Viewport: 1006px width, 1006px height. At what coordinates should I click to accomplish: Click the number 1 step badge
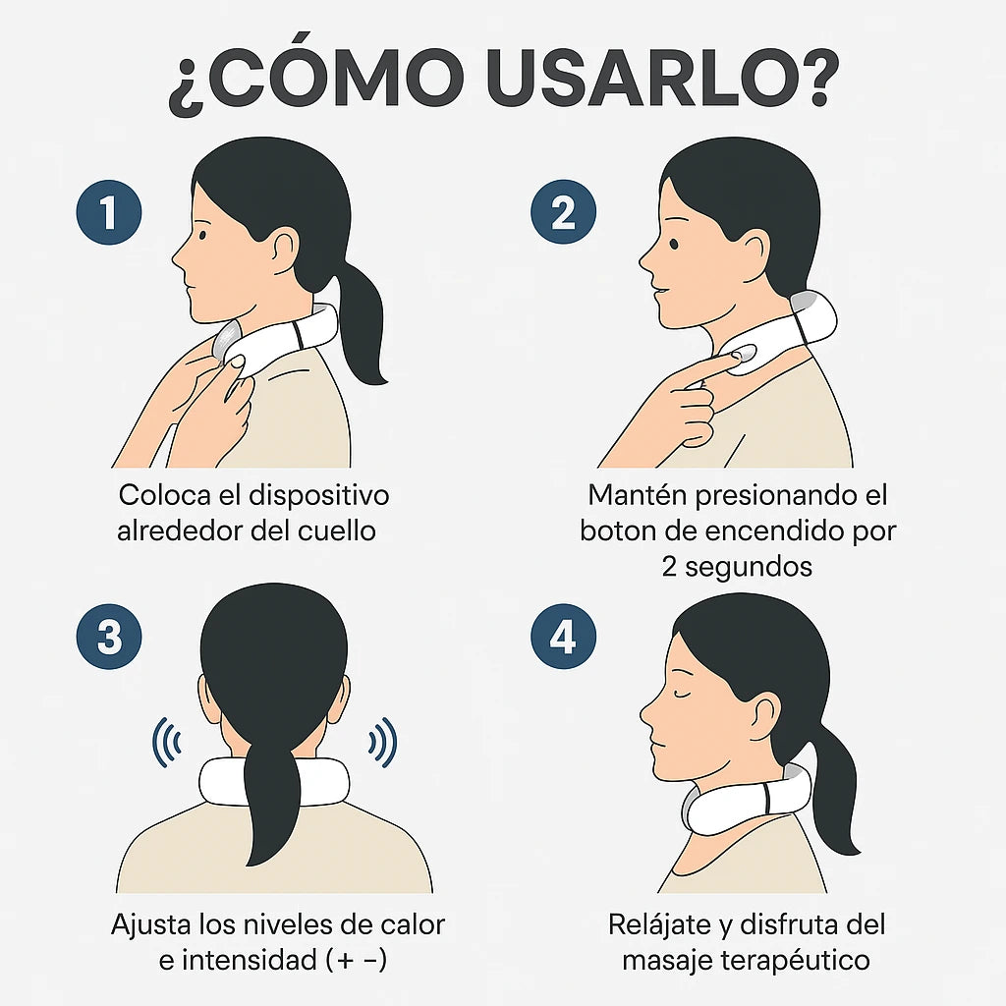point(109,212)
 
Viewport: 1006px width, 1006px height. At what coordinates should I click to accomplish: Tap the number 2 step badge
point(563,212)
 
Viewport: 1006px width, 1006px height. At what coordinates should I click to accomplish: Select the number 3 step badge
point(109,637)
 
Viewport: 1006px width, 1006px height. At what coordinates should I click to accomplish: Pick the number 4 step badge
point(563,637)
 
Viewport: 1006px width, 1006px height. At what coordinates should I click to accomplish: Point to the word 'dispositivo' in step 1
point(318,496)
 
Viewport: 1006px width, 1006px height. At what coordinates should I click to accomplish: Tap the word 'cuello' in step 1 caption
point(336,531)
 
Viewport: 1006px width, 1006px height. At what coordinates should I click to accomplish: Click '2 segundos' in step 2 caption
point(737,567)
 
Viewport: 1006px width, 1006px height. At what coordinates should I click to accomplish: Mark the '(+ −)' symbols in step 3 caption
point(356,961)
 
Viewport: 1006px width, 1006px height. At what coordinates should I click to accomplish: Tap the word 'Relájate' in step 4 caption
point(658,925)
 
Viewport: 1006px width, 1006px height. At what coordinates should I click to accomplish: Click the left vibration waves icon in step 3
point(167,743)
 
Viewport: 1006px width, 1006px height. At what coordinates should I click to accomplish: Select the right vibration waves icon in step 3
point(382,743)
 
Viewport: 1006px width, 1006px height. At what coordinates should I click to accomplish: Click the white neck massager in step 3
point(274,781)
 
